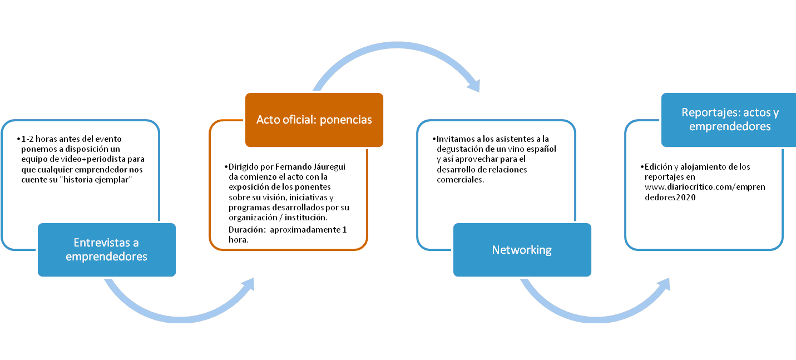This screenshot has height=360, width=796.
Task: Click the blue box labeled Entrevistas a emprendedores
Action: point(106,249)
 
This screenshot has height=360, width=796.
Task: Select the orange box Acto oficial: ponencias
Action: point(314,120)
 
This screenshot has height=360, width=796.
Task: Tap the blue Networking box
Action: point(522,249)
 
